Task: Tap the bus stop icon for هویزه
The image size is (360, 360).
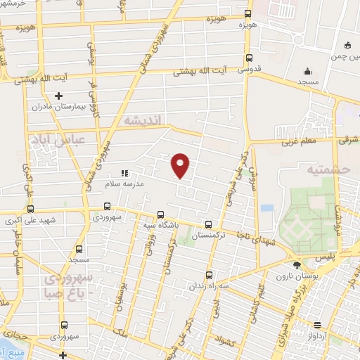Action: [x=248, y=13]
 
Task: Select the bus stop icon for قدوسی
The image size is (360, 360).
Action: [x=249, y=59]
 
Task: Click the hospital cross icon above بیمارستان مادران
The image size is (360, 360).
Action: [x=58, y=96]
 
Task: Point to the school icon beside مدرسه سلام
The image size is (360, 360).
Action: [x=124, y=172]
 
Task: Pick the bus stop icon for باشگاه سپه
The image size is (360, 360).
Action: [x=160, y=214]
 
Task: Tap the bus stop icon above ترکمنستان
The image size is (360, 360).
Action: [x=207, y=225]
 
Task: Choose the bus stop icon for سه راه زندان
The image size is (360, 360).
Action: [x=209, y=276]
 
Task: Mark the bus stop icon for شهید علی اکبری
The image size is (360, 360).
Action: [x=30, y=209]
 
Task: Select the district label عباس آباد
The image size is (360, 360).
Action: [x=51, y=141]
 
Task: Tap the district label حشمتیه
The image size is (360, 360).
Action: [x=319, y=169]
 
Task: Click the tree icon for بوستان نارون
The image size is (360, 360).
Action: [x=296, y=265]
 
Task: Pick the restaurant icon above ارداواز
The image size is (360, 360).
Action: [x=318, y=325]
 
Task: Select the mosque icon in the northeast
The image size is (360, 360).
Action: [x=307, y=71]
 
